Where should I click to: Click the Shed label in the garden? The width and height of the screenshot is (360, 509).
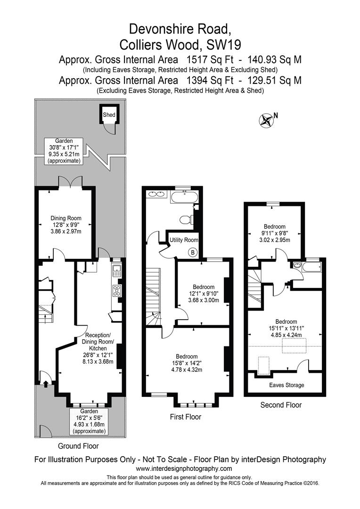pos(109,115)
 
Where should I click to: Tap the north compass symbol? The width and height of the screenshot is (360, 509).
pos(266,120)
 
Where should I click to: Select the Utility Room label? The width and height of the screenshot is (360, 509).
pos(184,240)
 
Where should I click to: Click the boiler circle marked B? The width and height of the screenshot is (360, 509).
pos(192,253)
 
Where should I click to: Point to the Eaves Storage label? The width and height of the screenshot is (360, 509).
pos(286,385)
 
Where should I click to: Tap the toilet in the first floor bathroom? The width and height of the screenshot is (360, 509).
pos(187,219)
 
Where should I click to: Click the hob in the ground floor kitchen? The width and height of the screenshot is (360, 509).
pos(117,290)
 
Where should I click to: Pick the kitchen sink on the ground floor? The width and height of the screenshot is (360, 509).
pos(117,271)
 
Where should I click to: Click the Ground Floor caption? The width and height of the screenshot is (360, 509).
pos(78,445)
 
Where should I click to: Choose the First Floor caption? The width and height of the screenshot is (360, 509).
pos(185,417)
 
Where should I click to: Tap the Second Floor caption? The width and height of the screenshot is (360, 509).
pos(281,405)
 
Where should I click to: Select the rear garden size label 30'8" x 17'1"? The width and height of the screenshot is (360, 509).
pos(63,148)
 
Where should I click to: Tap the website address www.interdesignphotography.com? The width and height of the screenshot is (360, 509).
pos(184,468)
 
